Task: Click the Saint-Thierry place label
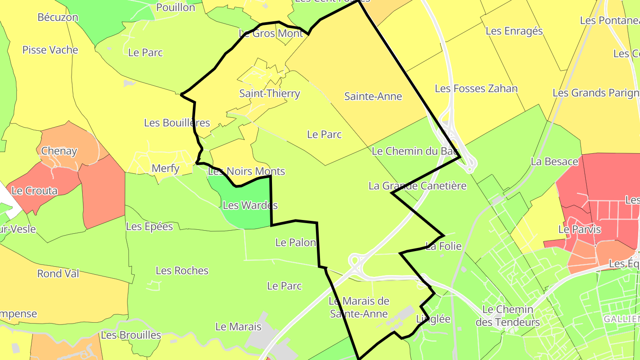(x=270, y=94)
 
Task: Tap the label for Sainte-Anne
(x=373, y=96)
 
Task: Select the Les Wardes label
(x=250, y=205)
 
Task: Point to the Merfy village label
(x=166, y=168)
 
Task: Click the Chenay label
(x=59, y=151)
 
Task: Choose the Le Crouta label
(x=35, y=191)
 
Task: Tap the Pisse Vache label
(x=50, y=50)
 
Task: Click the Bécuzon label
(x=58, y=17)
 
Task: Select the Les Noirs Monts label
(x=247, y=171)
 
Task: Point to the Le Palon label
(x=296, y=243)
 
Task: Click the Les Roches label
(x=182, y=271)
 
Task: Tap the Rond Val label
(x=58, y=273)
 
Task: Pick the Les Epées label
(x=149, y=227)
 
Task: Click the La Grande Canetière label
(x=417, y=186)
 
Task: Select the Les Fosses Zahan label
(x=476, y=88)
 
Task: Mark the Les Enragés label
(x=514, y=31)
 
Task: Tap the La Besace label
(x=554, y=162)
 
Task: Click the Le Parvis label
(x=580, y=230)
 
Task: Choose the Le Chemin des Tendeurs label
(x=508, y=316)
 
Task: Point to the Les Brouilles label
(x=131, y=335)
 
